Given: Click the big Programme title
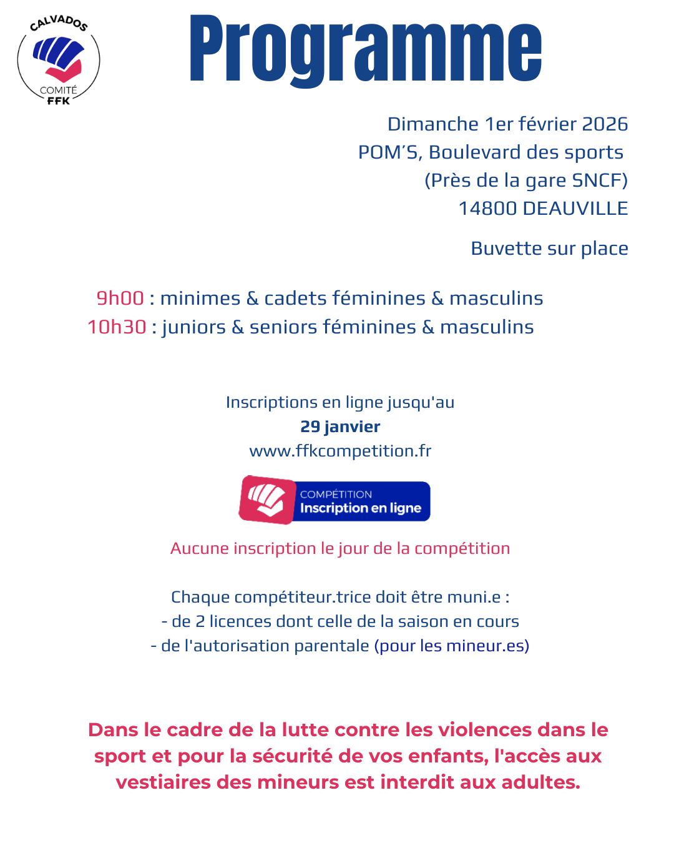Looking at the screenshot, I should (365, 49).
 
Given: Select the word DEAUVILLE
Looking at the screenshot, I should (575, 209).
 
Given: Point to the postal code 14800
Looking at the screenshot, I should (487, 209).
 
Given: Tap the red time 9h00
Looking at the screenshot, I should (120, 298).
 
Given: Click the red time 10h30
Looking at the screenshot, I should (117, 327).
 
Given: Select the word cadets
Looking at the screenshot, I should (295, 298).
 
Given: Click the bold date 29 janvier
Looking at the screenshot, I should (340, 426).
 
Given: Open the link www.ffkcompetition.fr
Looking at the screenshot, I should (340, 451).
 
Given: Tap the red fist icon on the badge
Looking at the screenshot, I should (267, 500).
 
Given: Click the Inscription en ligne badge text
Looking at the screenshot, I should (361, 508).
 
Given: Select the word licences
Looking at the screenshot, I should (240, 621).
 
